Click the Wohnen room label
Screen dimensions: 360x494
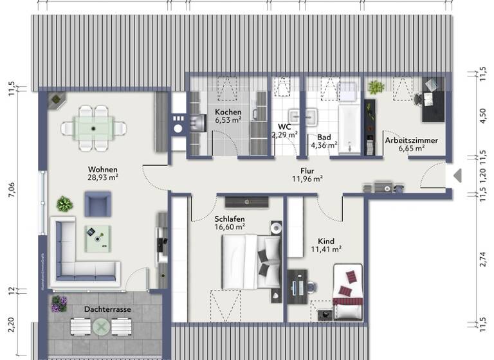coord(103,170)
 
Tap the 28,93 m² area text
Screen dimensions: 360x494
coord(103,178)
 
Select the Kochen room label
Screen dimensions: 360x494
coord(228,112)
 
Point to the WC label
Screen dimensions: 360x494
coord(284,127)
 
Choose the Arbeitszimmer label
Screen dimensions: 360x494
coord(412,140)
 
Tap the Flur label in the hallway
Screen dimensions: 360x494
coord(307,171)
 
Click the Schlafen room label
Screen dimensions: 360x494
coord(230,219)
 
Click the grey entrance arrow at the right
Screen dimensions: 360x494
coord(458,175)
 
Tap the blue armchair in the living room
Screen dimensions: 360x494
coord(98,204)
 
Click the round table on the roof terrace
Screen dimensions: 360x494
coord(102,327)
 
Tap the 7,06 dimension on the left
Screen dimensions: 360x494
coord(12,191)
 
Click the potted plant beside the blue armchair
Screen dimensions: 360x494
coord(64,204)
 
